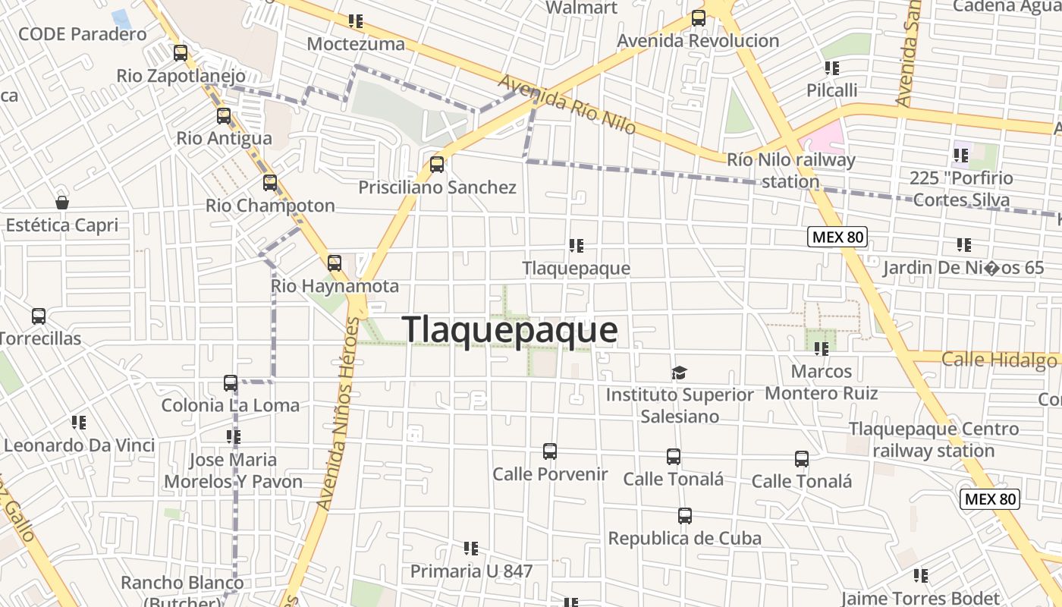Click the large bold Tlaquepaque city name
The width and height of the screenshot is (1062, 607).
[510, 330]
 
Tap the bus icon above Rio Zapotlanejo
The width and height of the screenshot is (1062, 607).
[181, 53]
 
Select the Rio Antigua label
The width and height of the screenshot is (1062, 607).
[224, 138]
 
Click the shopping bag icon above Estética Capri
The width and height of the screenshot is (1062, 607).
[62, 203]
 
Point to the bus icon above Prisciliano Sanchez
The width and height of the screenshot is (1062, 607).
[436, 164]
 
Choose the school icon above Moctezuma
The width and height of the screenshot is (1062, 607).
[354, 21]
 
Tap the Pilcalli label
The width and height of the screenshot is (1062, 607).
[831, 90]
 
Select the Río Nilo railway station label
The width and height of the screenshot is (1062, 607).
[790, 171]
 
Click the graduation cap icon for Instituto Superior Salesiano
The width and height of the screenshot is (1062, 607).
[679, 373]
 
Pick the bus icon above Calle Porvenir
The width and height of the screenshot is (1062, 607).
[550, 451]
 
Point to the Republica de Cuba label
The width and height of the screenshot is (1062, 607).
[684, 538]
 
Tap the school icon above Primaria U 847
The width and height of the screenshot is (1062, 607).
[471, 548]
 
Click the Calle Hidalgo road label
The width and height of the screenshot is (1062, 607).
[998, 359]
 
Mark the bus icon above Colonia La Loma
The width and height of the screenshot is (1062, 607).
[231, 383]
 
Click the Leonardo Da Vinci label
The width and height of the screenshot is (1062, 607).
[79, 445]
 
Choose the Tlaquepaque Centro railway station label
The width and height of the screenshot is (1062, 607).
[933, 439]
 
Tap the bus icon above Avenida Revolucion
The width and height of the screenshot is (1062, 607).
[699, 18]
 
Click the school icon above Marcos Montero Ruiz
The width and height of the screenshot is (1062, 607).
[821, 349]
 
